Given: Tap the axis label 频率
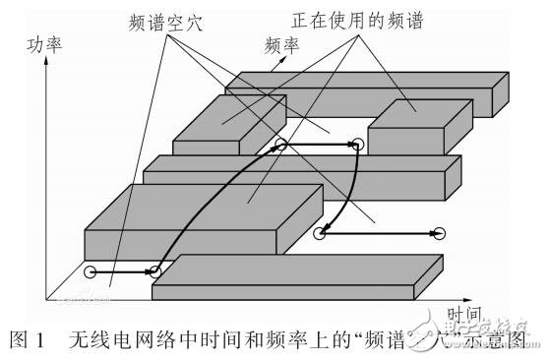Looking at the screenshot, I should point(282,46).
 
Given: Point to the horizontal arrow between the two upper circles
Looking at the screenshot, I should point(319,145).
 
